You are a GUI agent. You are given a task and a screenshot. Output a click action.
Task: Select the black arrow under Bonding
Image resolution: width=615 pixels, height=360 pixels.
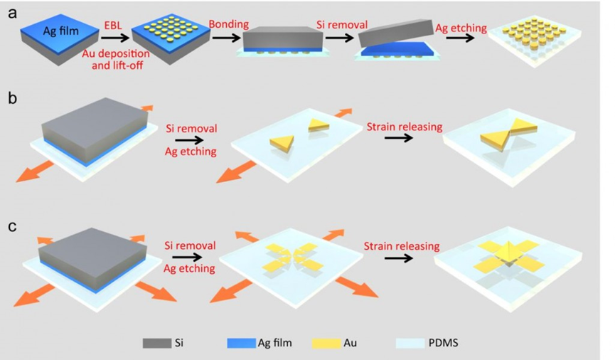coord(228,40)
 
